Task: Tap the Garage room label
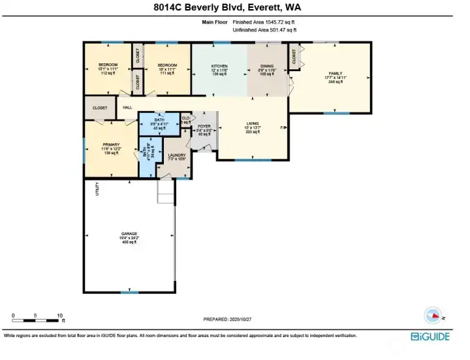click(x=129, y=233)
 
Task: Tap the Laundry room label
click(x=178, y=155)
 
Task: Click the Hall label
click(x=127, y=108)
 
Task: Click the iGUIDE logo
click(x=431, y=336)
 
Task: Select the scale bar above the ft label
click(x=37, y=320)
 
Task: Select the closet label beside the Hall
click(x=100, y=108)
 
